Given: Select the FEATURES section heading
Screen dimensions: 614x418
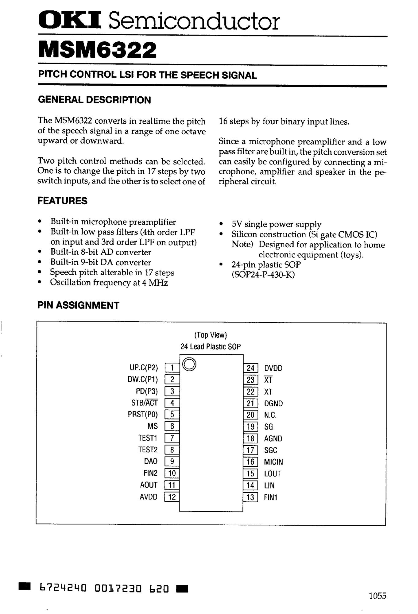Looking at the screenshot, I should coord(62,201).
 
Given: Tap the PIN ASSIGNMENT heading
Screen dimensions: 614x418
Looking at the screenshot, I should coord(78,305).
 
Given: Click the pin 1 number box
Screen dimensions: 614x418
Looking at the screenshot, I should coord(172,368).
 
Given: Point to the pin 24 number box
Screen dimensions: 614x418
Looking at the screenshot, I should coord(250,368).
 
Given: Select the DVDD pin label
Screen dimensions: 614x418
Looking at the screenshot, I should coord(273,368).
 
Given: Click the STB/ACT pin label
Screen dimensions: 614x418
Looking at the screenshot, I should coord(145,403).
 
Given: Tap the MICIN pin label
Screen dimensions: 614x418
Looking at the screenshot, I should coord(273,462).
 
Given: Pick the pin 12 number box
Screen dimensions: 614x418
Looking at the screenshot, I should coord(172,497).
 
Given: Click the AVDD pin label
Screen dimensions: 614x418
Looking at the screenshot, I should coord(149,497).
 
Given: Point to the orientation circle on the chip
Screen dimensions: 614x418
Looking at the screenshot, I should coord(189,364).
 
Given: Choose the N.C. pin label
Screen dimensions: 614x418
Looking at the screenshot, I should coord(270,415).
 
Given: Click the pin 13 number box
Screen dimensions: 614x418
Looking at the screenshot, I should coord(250,497).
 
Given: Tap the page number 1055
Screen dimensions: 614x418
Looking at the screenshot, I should coord(377,596).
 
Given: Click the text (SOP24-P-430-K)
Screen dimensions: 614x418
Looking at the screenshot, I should coord(263,275).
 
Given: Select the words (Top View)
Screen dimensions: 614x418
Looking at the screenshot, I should coord(211,335).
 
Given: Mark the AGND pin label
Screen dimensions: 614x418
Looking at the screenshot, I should coord(273,438).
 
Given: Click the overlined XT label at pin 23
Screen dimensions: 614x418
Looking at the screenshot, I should coord(268,380).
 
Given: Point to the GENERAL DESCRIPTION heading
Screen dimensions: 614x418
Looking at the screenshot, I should coord(95,100).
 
